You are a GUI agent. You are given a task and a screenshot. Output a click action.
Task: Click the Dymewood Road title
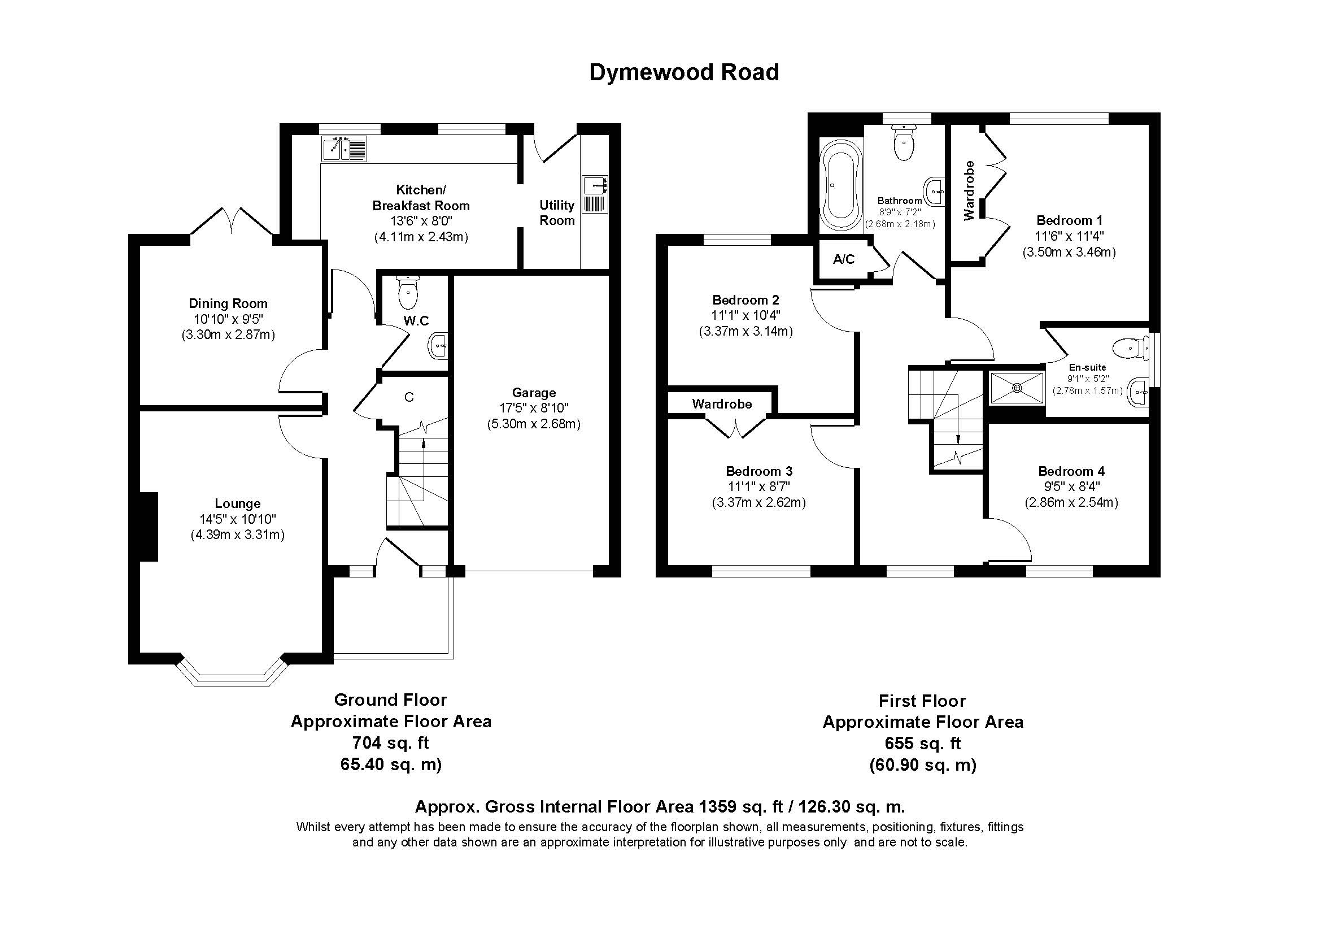tap(683, 72)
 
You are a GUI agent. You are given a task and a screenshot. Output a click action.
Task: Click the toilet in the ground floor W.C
tap(408, 292)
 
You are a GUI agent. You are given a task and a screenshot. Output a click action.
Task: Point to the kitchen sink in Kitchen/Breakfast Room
tap(344, 149)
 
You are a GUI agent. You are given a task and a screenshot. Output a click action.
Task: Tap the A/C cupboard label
tap(843, 259)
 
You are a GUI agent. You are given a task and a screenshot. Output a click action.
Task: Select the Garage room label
tap(533, 393)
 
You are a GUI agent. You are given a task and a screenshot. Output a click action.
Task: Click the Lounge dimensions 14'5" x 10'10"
tap(237, 519)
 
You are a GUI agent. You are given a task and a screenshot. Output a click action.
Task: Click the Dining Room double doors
tap(233, 221)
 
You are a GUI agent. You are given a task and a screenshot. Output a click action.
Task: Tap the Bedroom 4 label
tap(1071, 471)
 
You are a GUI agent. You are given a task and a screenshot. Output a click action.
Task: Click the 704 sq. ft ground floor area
tap(390, 743)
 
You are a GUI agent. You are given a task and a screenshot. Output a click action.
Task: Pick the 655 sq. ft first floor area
tap(922, 744)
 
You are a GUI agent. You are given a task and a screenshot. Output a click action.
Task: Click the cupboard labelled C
tap(409, 397)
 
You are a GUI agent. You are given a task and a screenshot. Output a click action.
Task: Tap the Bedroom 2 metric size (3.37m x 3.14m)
tap(745, 332)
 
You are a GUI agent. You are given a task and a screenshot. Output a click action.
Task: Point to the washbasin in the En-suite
tap(1137, 393)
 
